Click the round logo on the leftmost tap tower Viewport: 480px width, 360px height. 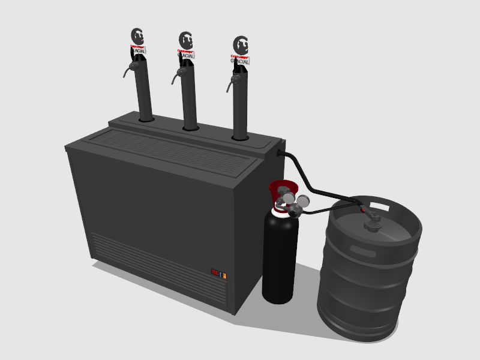pyautogui.click(x=137, y=36)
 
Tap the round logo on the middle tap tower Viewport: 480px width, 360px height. pyautogui.click(x=187, y=41)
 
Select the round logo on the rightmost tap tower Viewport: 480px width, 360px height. pyautogui.click(x=241, y=45)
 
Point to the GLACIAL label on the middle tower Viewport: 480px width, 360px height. pyautogui.click(x=187, y=55)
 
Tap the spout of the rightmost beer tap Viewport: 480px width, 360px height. pyautogui.click(x=228, y=88)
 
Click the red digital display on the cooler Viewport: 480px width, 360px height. pyautogui.click(x=215, y=272)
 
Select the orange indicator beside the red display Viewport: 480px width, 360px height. pyautogui.click(x=225, y=275)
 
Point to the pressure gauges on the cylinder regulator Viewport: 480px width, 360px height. pyautogui.click(x=296, y=200)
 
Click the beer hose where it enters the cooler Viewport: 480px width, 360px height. pyautogui.click(x=281, y=154)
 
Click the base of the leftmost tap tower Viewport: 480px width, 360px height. pyautogui.click(x=146, y=119)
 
